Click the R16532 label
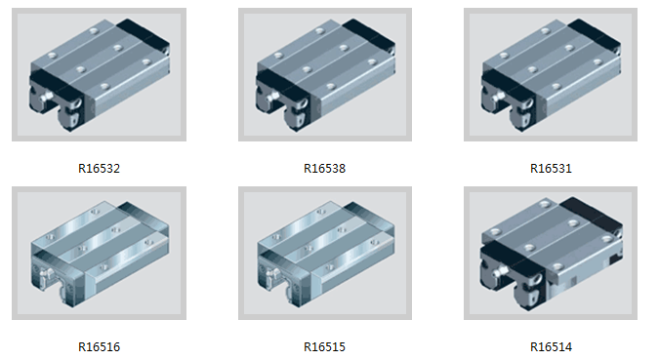(x=99, y=169)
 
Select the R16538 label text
(x=324, y=169)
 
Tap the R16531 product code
(x=551, y=169)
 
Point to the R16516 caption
(x=99, y=347)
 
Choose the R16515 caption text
(x=324, y=347)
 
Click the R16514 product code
(x=551, y=347)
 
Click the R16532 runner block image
(x=100, y=75)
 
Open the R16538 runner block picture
(x=325, y=75)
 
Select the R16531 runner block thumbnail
(x=551, y=75)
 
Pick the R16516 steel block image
(x=100, y=254)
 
